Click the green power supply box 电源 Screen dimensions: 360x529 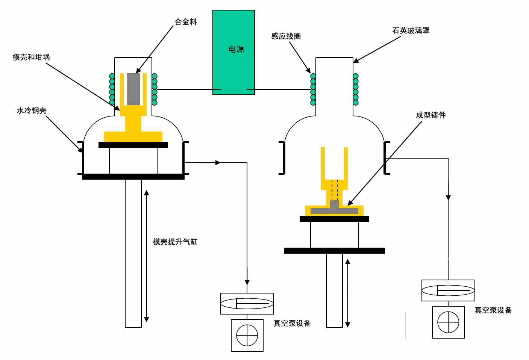(233, 52)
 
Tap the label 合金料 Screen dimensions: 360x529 (186, 22)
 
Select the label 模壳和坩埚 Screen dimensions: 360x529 (31, 57)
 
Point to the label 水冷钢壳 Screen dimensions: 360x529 (32, 111)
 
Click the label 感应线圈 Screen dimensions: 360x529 (286, 36)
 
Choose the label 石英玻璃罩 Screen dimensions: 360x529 (411, 31)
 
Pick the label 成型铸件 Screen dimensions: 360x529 (430, 115)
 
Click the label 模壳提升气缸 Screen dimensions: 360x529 (175, 242)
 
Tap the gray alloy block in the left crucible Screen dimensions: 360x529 (133, 89)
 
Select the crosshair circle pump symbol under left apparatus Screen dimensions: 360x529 (247, 335)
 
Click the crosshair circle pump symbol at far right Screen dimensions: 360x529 (448, 322)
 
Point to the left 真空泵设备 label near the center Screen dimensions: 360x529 (292, 324)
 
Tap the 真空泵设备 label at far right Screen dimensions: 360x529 (493, 310)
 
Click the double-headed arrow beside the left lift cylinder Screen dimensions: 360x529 (147, 256)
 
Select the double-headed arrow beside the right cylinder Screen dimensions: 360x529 (348, 293)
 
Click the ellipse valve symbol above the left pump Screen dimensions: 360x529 (247, 304)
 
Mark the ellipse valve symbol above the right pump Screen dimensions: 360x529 (448, 290)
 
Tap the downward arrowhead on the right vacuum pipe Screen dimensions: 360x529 (448, 197)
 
